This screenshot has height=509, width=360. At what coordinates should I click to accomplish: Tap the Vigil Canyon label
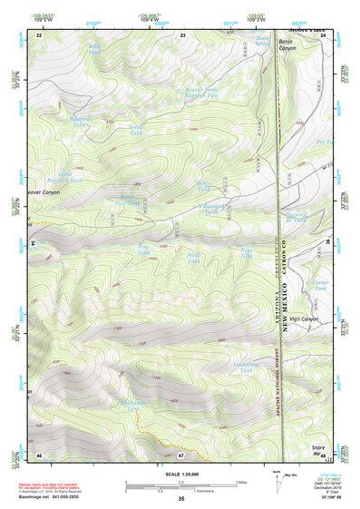click(305, 320)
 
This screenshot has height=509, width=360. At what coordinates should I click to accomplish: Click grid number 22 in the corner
click(39, 34)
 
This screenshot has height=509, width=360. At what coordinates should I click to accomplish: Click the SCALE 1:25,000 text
click(181, 474)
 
